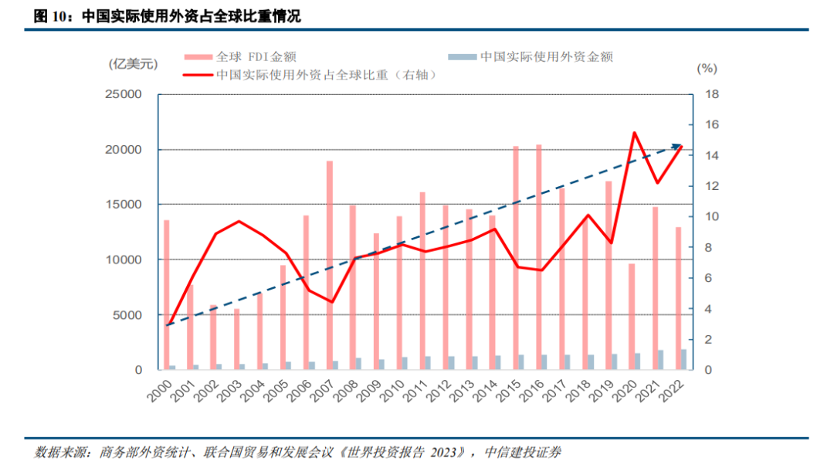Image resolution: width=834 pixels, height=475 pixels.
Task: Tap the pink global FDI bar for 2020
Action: click(632, 317)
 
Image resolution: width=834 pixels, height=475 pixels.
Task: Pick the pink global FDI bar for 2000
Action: click(167, 294)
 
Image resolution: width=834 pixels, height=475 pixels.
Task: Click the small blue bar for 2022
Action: click(683, 360)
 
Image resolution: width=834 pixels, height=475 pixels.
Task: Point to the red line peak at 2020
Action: click(634, 133)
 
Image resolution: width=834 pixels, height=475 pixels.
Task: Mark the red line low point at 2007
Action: click(331, 302)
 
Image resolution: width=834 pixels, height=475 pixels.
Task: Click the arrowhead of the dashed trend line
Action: click(680, 145)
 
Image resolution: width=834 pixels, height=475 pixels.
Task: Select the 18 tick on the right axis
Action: click(712, 94)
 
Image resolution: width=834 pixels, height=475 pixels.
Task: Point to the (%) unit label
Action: click(707, 68)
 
